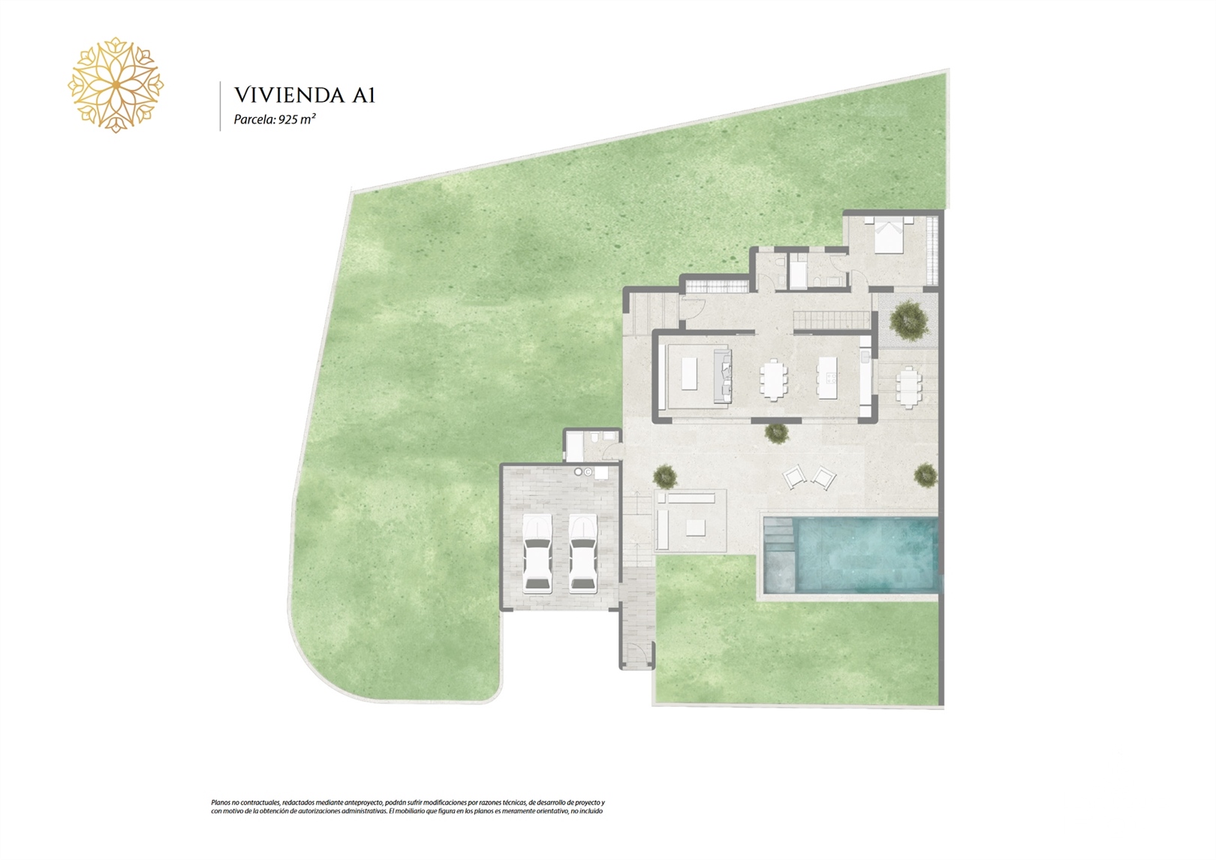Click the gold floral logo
(116, 86)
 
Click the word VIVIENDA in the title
(289, 95)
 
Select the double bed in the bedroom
(889, 235)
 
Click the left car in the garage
(537, 553)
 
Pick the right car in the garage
(583, 553)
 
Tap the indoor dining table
(773, 379)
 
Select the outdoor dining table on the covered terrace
(909, 387)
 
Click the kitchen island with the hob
(826, 377)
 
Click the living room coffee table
(689, 373)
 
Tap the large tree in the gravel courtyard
(908, 320)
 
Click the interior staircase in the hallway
(832, 320)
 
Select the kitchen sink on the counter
(865, 356)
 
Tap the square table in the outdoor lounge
(695, 528)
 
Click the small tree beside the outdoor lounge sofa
(665, 477)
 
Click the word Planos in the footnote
(221, 818)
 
